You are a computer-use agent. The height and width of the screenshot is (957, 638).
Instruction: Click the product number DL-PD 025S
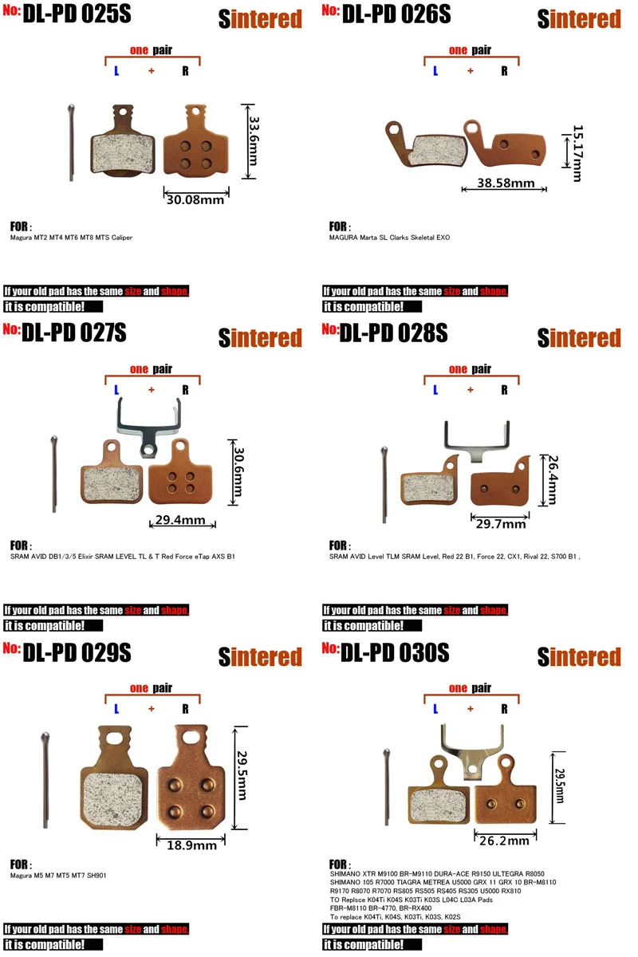coord(77,14)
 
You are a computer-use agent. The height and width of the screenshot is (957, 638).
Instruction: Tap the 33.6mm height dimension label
coord(254,141)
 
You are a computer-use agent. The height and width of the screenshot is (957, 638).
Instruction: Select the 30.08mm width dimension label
coord(195,199)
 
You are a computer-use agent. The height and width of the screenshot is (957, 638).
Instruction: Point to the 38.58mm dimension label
coord(506,183)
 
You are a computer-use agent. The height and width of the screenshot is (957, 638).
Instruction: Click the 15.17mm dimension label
coord(577,153)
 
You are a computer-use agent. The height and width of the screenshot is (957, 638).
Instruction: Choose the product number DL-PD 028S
coord(394,333)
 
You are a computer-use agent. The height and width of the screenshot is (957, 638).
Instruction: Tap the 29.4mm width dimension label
coord(180,519)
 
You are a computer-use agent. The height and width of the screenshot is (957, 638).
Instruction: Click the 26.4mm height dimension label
coord(553,480)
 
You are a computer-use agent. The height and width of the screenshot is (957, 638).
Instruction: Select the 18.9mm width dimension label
coord(191,845)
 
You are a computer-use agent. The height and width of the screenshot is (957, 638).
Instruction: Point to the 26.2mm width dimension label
coord(504,841)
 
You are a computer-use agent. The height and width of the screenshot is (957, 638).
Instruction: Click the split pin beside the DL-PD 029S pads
coord(45,780)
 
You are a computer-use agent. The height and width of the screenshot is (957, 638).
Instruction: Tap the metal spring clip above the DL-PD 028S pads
coord(477,441)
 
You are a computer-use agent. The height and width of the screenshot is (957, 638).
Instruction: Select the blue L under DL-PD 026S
coord(435,71)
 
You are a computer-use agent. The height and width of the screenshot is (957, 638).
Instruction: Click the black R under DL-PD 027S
coord(185,390)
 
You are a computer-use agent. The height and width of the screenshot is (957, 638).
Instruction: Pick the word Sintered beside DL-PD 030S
coord(579,656)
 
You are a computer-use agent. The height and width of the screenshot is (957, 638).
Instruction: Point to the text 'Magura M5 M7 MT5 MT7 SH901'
coord(58,876)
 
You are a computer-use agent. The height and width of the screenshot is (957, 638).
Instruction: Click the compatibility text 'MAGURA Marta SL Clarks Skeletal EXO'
coord(389,238)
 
